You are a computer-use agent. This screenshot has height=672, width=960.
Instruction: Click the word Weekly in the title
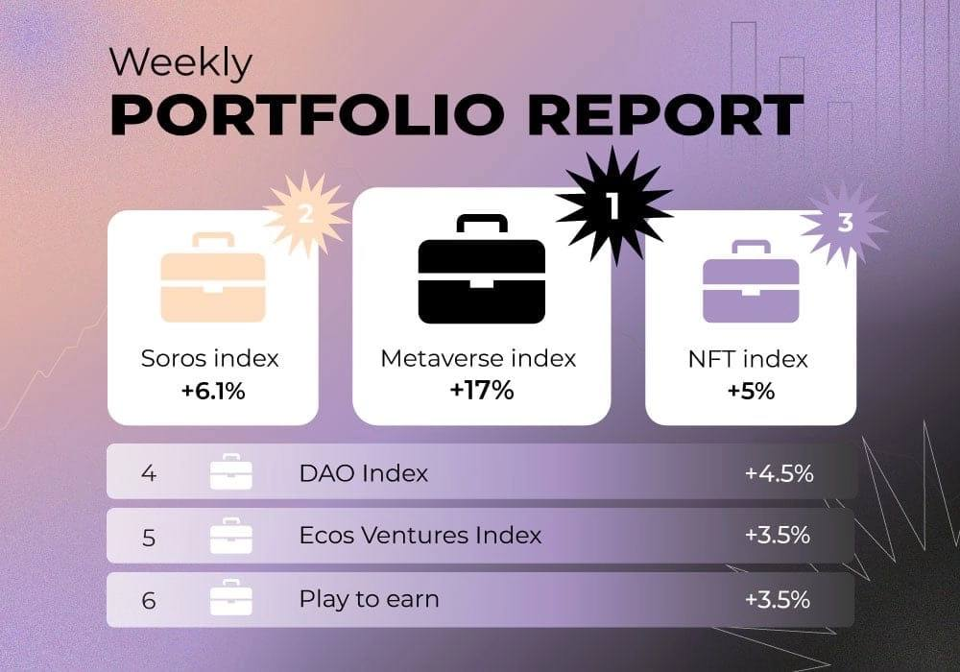[180, 63]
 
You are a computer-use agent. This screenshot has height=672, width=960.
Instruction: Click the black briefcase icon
[482, 269]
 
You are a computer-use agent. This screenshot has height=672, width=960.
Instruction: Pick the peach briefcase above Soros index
[213, 277]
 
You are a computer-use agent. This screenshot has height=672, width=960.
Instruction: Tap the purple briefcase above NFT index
[751, 281]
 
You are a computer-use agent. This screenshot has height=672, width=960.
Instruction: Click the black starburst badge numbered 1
[613, 205]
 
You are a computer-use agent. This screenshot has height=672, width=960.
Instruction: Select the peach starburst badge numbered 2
[305, 213]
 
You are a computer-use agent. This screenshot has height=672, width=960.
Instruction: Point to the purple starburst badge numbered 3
[845, 223]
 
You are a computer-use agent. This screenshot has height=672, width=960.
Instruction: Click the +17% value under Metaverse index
[482, 390]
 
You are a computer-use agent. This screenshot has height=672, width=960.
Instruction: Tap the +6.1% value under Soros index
[213, 391]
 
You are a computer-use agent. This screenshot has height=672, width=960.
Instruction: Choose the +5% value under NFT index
[751, 391]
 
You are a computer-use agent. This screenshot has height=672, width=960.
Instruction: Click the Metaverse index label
[478, 359]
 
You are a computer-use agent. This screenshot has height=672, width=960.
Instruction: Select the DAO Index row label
[364, 473]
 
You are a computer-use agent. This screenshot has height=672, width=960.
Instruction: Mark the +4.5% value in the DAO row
[779, 473]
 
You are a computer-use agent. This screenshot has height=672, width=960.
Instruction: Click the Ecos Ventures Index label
[420, 536]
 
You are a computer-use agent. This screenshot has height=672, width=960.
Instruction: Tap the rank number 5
[148, 538]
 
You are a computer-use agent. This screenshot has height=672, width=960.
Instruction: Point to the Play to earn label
[370, 599]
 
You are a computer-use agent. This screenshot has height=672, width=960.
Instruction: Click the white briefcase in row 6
[230, 597]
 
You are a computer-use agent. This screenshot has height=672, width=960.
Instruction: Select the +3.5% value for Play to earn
[778, 599]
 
